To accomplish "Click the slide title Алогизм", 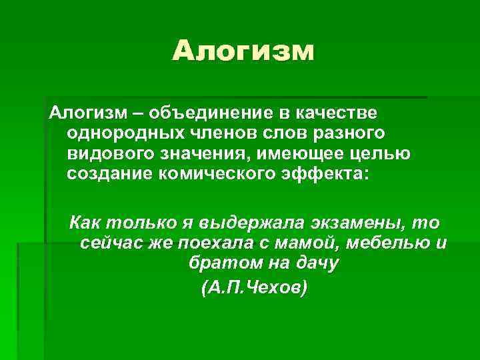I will [x=243, y=51].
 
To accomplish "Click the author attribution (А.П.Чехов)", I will [x=253, y=287].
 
